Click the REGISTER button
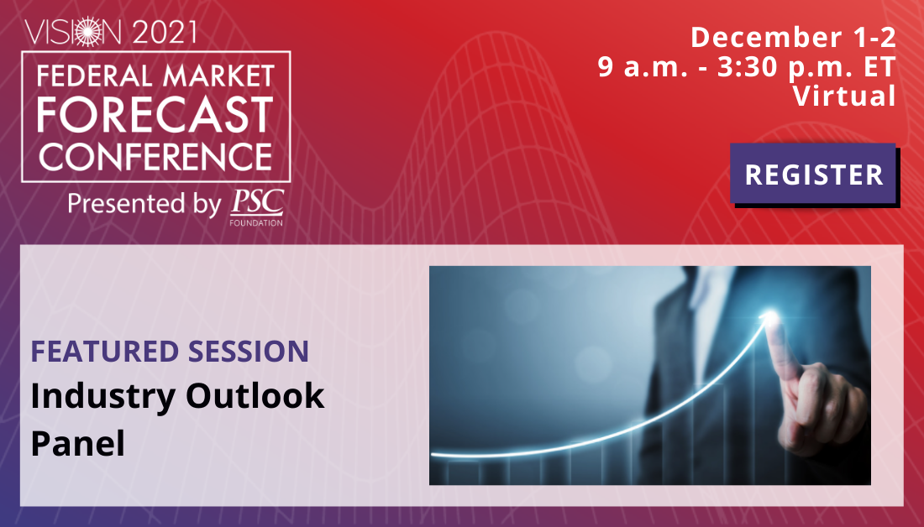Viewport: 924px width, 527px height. (814, 174)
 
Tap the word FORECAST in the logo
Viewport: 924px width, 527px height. (155, 115)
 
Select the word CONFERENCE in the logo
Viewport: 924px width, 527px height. (155, 157)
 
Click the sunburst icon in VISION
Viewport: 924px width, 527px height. (89, 31)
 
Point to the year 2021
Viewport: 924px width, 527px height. (165, 32)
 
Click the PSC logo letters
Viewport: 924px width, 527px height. (257, 202)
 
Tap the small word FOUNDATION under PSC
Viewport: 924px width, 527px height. (256, 223)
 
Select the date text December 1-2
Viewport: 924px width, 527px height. (793, 37)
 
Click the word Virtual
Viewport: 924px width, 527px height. (844, 96)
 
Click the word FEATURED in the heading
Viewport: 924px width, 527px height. (104, 352)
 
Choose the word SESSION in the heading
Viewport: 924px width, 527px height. (248, 352)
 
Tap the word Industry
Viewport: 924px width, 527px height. (103, 396)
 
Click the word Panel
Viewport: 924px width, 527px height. (78, 443)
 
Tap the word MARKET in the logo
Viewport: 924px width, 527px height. (218, 76)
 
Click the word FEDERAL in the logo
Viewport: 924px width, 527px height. (95, 76)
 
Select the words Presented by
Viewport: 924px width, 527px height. (144, 204)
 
